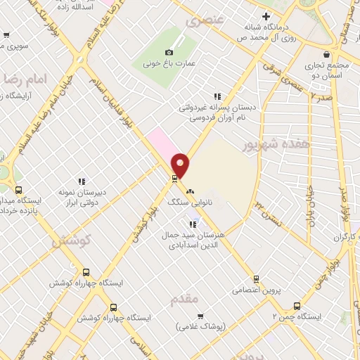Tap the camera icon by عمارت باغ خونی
coord(169,52)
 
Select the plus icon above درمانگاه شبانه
coord(266,16)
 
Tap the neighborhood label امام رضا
coord(25,79)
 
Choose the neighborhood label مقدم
coord(185,300)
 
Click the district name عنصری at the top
coord(203,21)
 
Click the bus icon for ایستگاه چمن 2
coord(297,307)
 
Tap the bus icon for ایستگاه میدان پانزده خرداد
coord(18,190)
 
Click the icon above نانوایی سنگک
coord(189,191)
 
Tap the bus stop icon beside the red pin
coord(174,179)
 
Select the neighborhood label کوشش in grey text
coord(73,240)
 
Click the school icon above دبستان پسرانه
coord(217,96)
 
